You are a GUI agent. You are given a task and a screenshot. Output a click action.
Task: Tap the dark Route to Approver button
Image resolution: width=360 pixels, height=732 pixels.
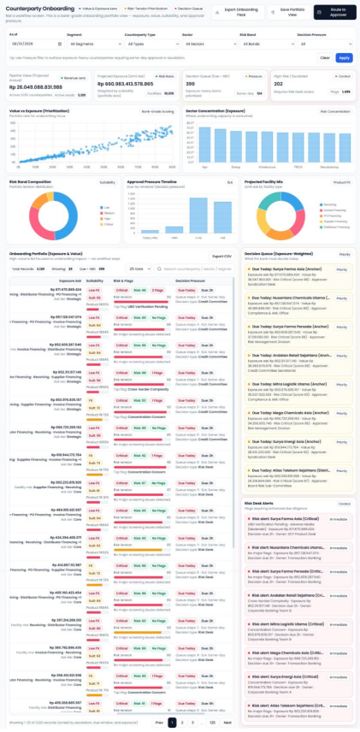point(335,11)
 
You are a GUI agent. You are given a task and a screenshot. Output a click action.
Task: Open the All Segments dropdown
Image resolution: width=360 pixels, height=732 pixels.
point(91,43)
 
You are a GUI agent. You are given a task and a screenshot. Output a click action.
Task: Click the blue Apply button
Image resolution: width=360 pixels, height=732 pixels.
point(344,58)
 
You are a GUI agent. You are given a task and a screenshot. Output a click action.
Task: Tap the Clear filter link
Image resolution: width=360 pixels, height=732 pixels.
point(325,58)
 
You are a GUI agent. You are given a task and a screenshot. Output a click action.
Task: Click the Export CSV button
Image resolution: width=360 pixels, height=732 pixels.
point(221,256)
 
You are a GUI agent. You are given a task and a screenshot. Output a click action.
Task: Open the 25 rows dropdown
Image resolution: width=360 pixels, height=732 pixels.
point(139,268)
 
